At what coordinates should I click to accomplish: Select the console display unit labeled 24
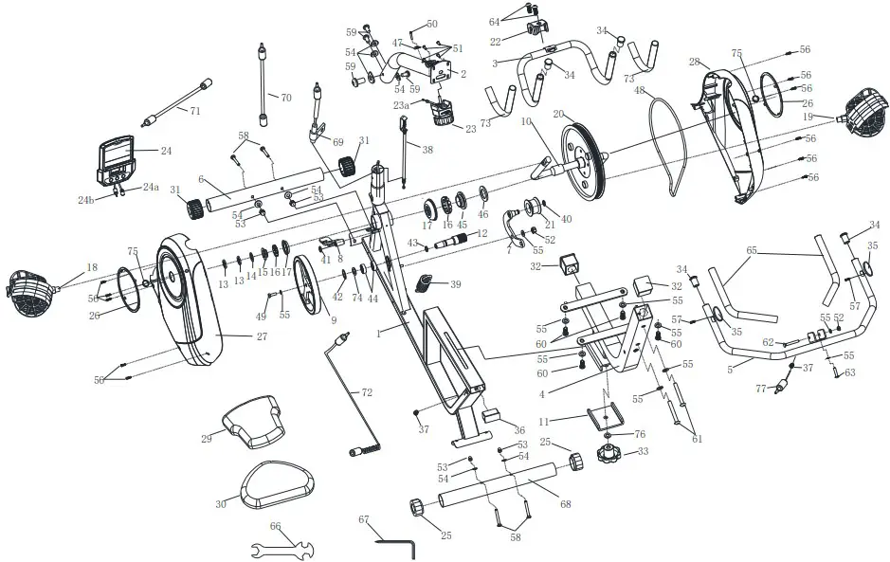pos(118,158)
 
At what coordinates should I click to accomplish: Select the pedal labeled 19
pos(862,115)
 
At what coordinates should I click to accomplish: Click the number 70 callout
pos(285,97)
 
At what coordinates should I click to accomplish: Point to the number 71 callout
pos(195,111)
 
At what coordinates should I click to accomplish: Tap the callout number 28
pos(694,62)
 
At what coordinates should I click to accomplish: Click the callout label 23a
pos(402,105)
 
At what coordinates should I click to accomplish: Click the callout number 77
pos(760,389)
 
